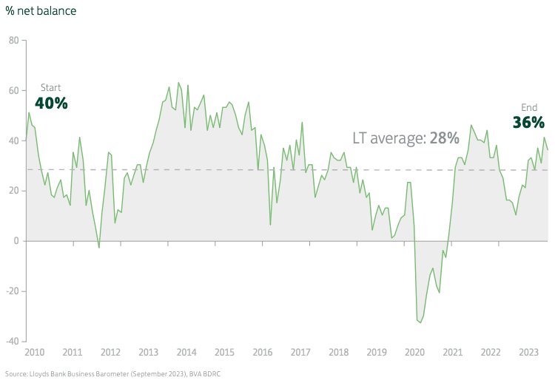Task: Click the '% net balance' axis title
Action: point(41,11)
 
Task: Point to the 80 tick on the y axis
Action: point(13,40)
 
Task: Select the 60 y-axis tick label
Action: point(13,90)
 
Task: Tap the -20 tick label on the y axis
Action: point(12,291)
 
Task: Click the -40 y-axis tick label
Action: point(12,341)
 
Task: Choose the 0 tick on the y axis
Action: point(16,240)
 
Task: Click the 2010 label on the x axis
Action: point(35,351)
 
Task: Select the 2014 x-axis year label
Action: point(186,351)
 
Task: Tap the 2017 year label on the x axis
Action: point(300,351)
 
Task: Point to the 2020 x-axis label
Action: point(414,351)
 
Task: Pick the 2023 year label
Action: point(528,351)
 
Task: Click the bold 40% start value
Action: point(51,103)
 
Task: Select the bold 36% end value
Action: point(528,122)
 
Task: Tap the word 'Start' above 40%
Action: point(50,87)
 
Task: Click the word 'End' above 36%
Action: point(529,107)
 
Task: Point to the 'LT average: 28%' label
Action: point(405,138)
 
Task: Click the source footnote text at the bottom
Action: point(112,374)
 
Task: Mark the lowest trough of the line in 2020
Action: point(420,322)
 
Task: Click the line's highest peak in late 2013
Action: point(178,83)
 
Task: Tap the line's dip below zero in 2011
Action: point(99,248)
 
